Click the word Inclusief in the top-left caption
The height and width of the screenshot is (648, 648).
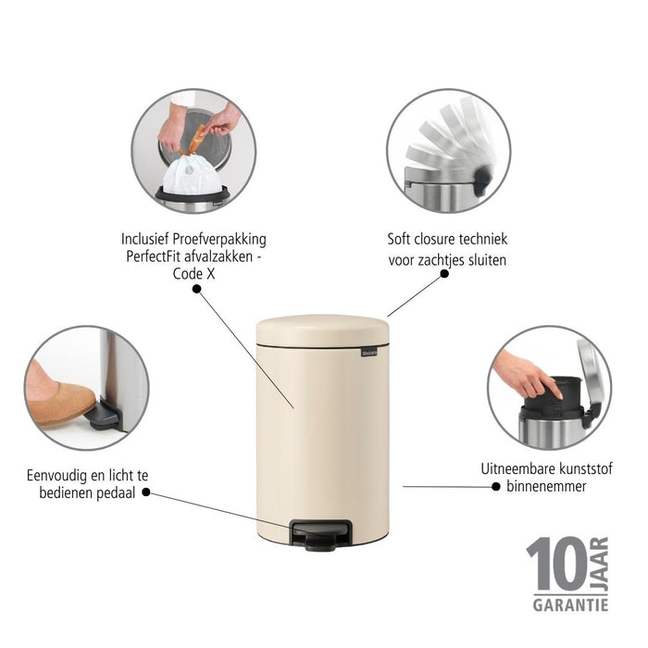tap(152, 238)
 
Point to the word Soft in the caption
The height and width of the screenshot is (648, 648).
tap(401, 240)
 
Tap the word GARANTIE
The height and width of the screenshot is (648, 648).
tap(569, 604)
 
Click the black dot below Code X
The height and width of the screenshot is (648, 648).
tap(196, 289)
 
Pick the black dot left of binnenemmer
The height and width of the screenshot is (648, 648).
tap(497, 486)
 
